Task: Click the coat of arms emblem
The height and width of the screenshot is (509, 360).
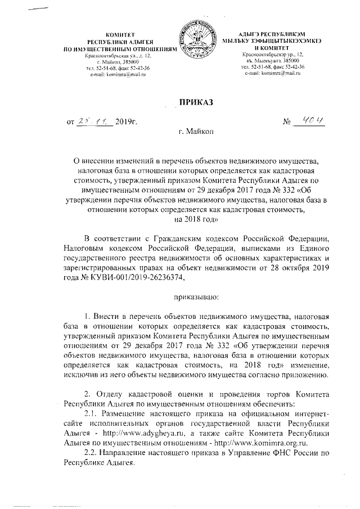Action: tap(193, 42)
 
